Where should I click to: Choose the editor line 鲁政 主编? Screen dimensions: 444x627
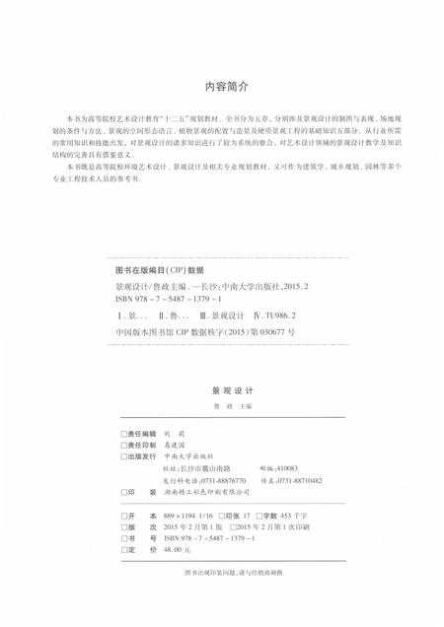coord(221,405)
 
